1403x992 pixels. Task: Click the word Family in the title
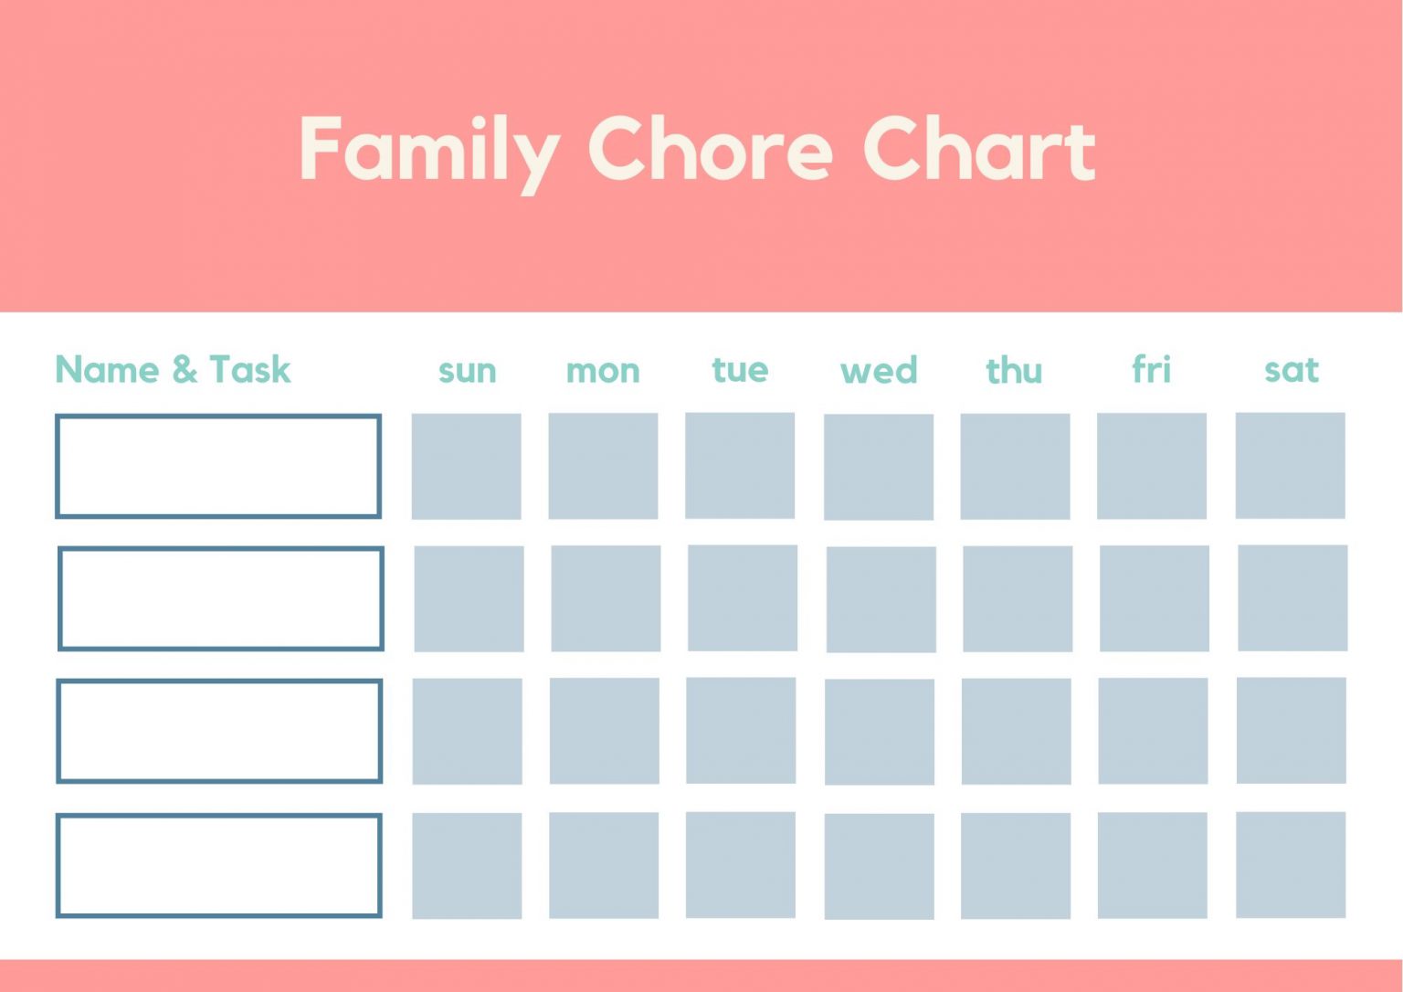[429, 151]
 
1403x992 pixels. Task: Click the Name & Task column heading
[173, 370]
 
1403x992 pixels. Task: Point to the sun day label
[467, 371]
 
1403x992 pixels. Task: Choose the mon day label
[603, 371]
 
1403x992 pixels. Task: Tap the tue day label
[740, 370]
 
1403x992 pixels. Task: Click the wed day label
[879, 371]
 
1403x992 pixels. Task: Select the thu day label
[1014, 371]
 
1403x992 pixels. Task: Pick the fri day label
[1151, 370]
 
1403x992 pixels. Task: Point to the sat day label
[1292, 370]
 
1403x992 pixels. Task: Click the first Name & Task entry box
[218, 467]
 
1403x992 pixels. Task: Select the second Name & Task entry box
[220, 598]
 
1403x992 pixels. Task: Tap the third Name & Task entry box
[219, 731]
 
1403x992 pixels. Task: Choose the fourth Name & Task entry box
[219, 865]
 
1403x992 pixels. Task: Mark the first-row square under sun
[466, 466]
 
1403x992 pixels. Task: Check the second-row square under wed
[881, 599]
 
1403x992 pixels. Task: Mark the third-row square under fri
[1153, 731]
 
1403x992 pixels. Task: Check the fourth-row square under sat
[1291, 864]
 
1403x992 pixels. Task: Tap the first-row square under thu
[1015, 466]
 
